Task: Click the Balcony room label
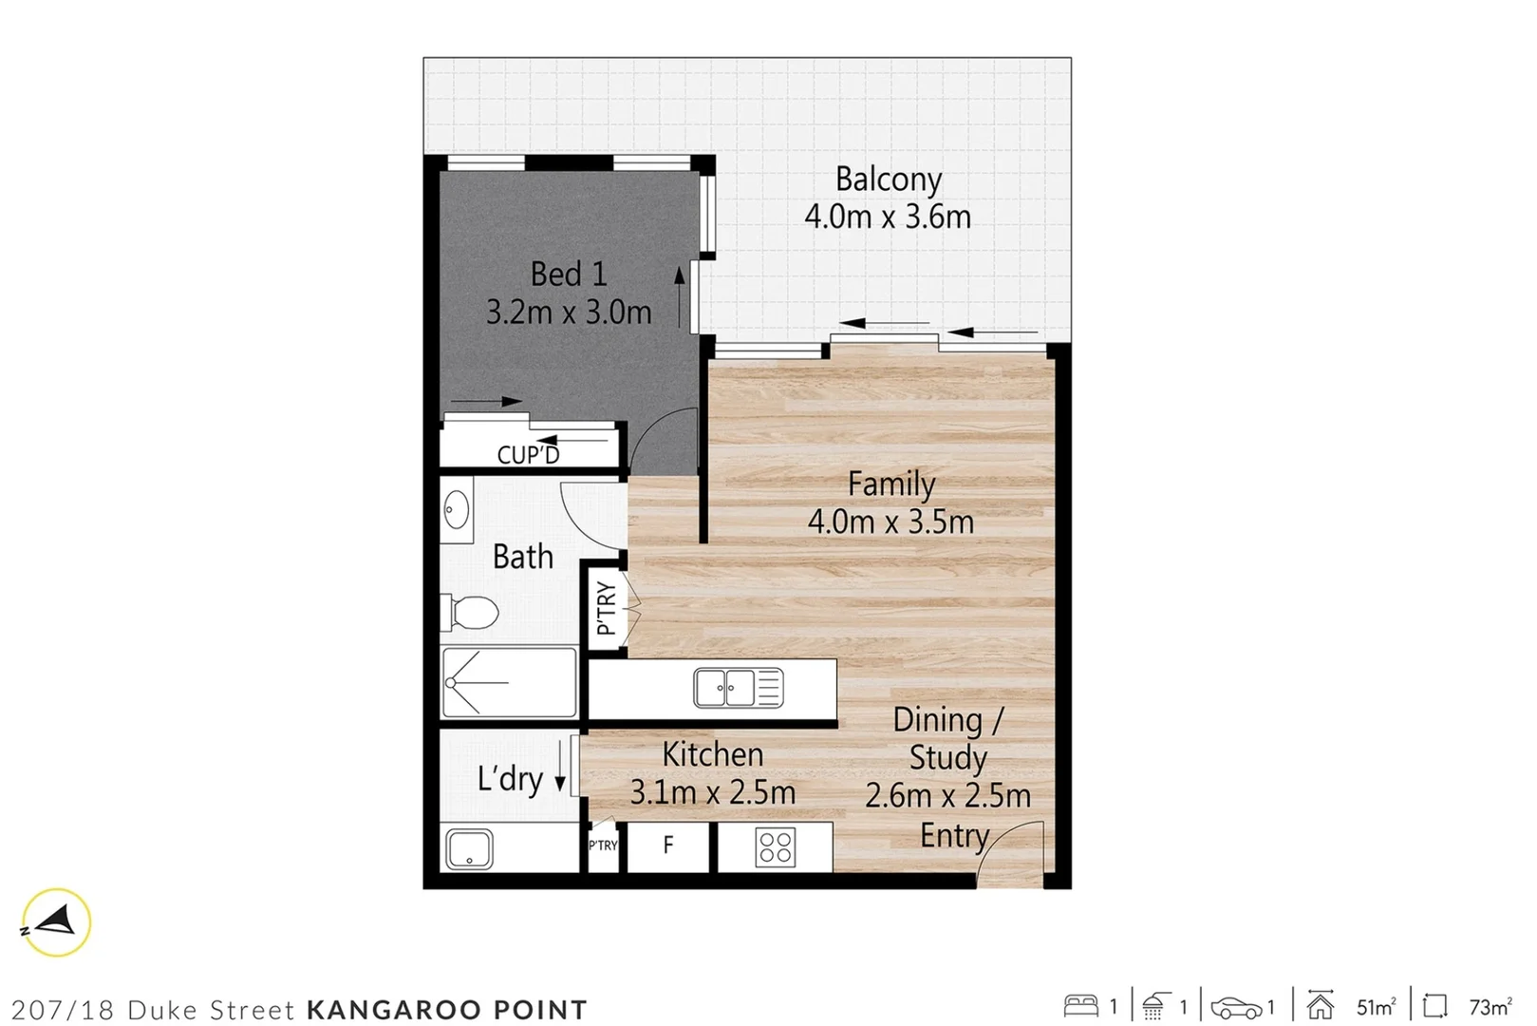click(888, 180)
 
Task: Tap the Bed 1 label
click(568, 275)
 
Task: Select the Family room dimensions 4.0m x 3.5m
click(890, 522)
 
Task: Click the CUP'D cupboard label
click(528, 455)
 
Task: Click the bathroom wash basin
click(457, 510)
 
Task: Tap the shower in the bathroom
click(509, 682)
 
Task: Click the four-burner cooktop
click(775, 846)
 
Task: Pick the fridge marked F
click(668, 845)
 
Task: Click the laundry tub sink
click(469, 848)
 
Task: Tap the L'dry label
click(510, 779)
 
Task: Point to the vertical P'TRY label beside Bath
click(606, 608)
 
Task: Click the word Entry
click(954, 836)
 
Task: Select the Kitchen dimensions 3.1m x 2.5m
click(712, 792)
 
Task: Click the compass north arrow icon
click(56, 921)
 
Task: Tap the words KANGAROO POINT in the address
click(447, 1009)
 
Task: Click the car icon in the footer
click(1236, 1007)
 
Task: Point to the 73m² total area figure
click(1490, 1007)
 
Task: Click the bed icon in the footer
click(1081, 1006)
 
